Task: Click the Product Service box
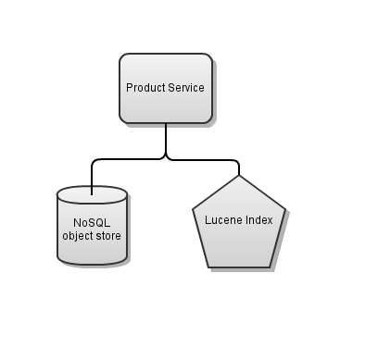point(165,88)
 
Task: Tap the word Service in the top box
point(186,88)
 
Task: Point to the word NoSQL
point(91,223)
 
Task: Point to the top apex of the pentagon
point(238,176)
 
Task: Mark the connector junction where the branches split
point(166,158)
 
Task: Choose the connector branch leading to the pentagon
point(208,159)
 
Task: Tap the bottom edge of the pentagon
point(238,267)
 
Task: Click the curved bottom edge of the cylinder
point(91,264)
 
